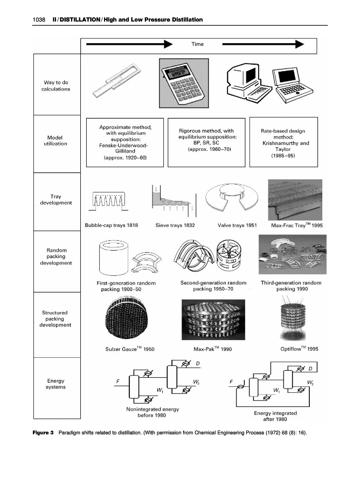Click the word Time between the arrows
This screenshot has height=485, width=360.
coord(197,44)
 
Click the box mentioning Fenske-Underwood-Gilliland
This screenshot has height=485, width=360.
coord(123,142)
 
